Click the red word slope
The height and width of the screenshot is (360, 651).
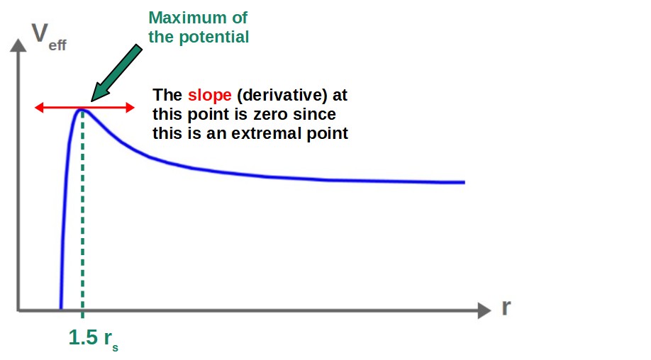[210, 95]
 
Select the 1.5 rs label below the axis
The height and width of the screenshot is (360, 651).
[93, 339]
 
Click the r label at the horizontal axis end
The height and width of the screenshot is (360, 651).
[506, 309]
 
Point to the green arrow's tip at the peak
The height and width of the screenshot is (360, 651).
[93, 99]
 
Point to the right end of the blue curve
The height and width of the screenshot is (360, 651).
[464, 182]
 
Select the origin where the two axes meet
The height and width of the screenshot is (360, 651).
[17, 310]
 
